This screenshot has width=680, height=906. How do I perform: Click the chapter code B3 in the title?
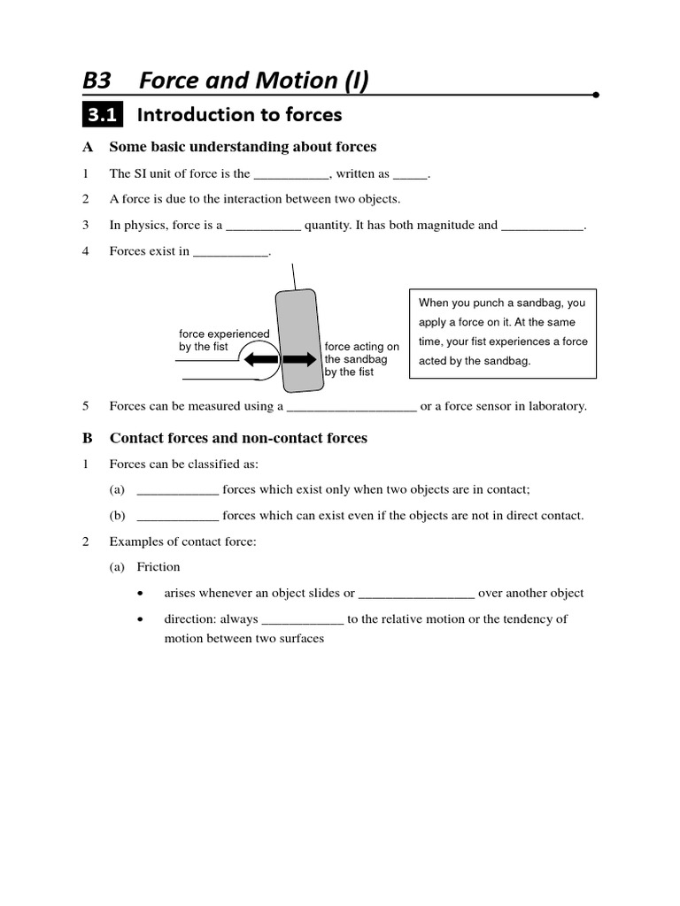point(97,81)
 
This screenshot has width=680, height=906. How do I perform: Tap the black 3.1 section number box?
point(104,115)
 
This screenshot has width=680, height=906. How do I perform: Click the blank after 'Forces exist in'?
point(230,253)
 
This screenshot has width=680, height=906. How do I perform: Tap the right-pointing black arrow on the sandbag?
point(299,359)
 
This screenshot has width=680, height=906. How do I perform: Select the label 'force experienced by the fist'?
point(223,341)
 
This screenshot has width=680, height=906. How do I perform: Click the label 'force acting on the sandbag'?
point(361,359)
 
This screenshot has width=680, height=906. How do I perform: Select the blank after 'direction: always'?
point(303,620)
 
